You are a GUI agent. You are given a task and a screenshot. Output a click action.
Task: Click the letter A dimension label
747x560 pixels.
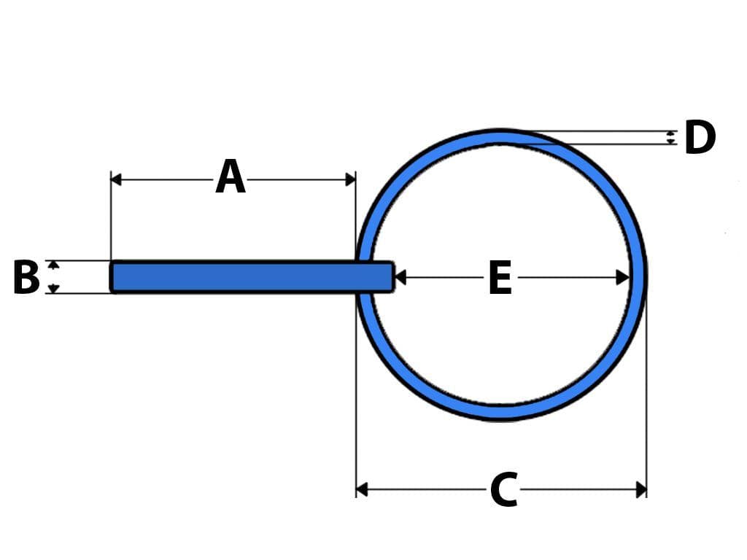[x=231, y=178]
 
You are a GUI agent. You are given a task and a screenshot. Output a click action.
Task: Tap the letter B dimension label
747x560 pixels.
[x=26, y=277]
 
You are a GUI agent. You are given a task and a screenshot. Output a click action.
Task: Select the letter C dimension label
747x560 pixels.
[x=503, y=489]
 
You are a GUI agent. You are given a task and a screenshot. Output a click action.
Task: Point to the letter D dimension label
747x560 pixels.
[x=700, y=138]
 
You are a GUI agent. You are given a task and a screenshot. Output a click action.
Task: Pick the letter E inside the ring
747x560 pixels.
[x=500, y=278]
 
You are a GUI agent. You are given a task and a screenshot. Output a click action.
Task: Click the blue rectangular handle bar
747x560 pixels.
[x=248, y=277]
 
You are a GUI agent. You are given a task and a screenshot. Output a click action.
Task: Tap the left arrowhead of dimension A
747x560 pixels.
[x=115, y=179]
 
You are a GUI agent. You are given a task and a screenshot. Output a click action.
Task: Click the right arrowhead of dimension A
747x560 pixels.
[x=351, y=179]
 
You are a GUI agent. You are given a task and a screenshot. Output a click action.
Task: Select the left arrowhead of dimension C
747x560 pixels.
[x=361, y=489]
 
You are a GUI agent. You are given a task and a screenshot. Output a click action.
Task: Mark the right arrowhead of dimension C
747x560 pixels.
[x=641, y=489]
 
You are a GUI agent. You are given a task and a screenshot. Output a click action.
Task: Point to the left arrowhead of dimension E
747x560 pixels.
[x=400, y=278]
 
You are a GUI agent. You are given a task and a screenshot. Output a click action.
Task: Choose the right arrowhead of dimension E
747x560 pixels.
[x=623, y=278]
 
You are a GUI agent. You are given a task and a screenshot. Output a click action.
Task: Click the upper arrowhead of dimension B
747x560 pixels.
[x=53, y=265]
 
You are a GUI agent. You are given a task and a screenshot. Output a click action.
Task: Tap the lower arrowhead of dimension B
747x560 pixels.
[x=53, y=289]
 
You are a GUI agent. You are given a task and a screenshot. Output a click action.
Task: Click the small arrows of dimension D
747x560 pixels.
[x=671, y=138]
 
